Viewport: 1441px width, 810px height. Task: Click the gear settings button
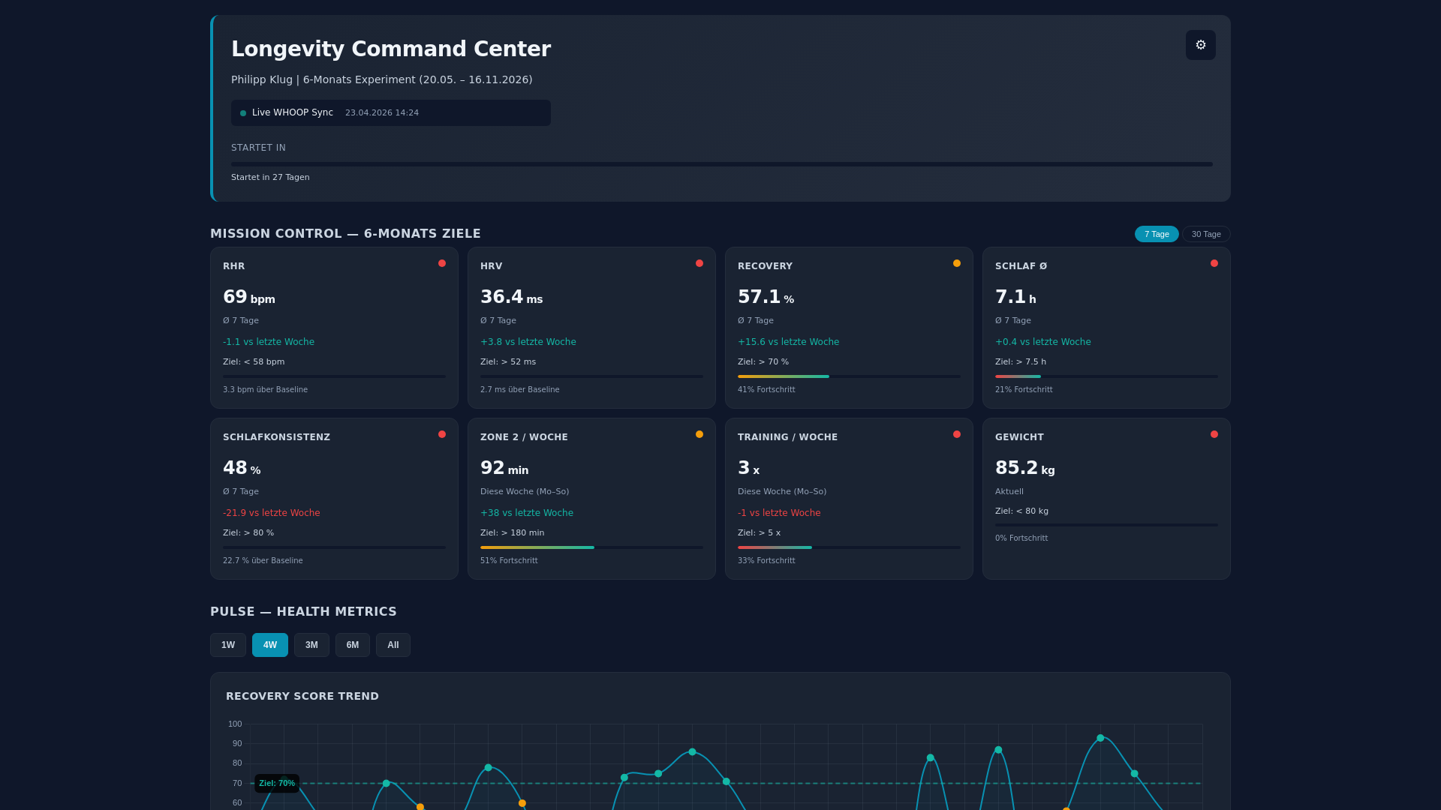point(1200,45)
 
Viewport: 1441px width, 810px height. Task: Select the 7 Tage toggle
point(1156,234)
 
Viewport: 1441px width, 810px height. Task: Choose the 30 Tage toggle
point(1206,234)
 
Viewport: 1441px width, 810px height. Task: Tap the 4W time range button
point(269,645)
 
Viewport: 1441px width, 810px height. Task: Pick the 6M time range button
point(352,645)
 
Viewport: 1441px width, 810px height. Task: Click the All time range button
point(393,645)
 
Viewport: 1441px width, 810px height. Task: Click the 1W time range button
point(228,645)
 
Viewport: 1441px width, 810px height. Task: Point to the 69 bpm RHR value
point(248,297)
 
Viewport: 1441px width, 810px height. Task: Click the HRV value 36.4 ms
point(511,297)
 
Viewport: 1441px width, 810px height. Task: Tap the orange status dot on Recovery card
point(956,263)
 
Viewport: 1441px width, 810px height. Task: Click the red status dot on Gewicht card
point(1214,434)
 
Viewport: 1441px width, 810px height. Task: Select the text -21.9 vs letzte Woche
point(271,513)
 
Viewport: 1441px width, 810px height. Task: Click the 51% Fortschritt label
point(509,560)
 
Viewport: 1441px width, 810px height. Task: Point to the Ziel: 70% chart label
point(277,783)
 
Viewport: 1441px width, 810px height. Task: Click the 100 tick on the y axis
point(235,724)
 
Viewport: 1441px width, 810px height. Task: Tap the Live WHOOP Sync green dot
point(243,113)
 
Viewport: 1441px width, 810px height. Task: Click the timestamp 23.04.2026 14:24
point(381,112)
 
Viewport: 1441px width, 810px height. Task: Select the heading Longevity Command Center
point(390,49)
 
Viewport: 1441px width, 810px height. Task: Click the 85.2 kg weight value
point(1024,468)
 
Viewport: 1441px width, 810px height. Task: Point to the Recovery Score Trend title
point(302,696)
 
